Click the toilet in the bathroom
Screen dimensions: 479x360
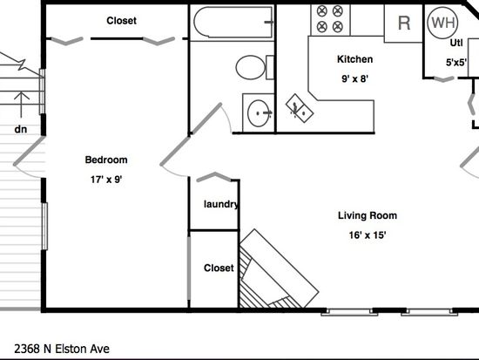[x=254, y=67]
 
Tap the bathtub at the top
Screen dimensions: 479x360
[x=233, y=23]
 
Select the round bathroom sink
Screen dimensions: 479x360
[x=259, y=113]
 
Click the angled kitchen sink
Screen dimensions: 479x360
[x=300, y=108]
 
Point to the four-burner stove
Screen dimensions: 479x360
[x=330, y=20]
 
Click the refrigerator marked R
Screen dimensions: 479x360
[x=404, y=23]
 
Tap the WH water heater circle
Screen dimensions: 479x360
[x=442, y=23]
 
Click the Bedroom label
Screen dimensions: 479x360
[x=106, y=160]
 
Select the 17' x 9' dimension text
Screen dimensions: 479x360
[x=106, y=180]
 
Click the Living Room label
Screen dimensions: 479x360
[x=368, y=215]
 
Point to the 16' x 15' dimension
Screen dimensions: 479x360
[x=368, y=234]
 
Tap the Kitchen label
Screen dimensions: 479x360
[x=354, y=59]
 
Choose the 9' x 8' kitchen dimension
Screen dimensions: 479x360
[x=354, y=78]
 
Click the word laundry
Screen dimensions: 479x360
[x=221, y=204]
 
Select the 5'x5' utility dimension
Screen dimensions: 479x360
[x=456, y=63]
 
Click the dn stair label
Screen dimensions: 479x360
[x=21, y=129]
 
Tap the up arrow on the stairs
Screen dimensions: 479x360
[x=21, y=105]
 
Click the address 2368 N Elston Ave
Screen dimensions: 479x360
[x=62, y=349]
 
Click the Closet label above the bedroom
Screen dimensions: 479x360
[x=121, y=21]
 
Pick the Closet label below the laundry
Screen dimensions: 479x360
[x=219, y=268]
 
